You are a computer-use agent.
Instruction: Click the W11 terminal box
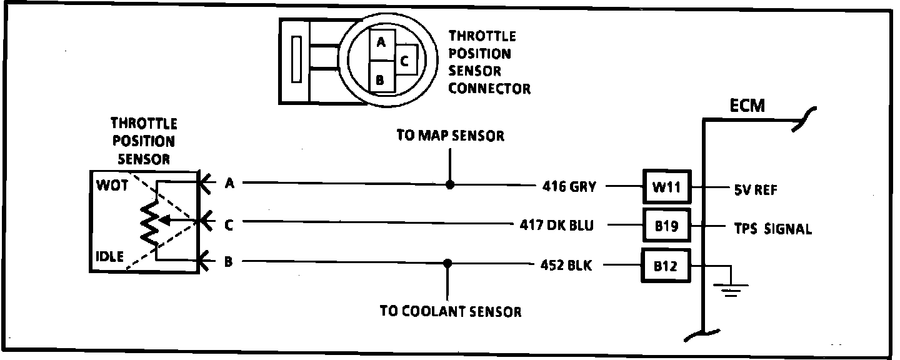coord(667,186)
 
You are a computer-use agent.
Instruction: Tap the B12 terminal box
coord(667,266)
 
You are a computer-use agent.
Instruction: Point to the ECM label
coord(747,106)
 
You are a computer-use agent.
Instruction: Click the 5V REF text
coord(754,190)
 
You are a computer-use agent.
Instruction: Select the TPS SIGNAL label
coord(772,229)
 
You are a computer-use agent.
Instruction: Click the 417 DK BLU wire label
coord(556,224)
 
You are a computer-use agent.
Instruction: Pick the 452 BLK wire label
coord(566,264)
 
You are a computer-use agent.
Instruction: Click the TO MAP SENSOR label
coord(450,136)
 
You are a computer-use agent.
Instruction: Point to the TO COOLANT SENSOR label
coord(450,311)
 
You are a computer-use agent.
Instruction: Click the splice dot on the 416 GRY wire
coord(450,185)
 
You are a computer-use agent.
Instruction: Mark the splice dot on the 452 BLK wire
coord(447,262)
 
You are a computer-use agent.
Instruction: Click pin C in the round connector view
coord(405,61)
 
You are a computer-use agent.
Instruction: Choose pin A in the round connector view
coord(381,43)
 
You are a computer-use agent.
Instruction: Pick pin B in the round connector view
coord(380,80)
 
